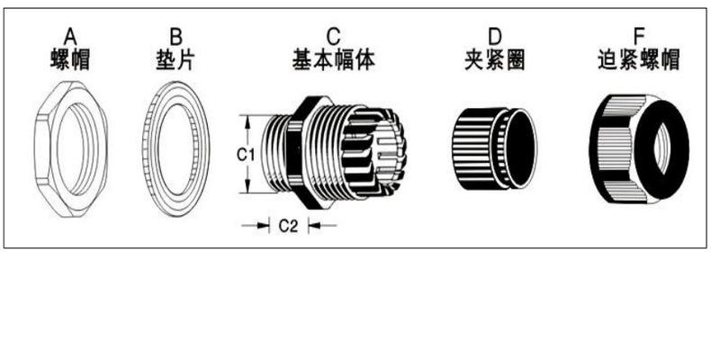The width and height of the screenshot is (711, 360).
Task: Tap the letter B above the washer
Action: [176, 36]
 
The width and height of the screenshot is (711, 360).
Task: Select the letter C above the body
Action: [334, 36]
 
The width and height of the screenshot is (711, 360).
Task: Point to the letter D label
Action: [494, 36]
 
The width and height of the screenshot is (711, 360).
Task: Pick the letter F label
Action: [639, 36]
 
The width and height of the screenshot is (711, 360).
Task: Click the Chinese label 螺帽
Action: [70, 60]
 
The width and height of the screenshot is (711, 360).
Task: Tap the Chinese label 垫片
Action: [176, 60]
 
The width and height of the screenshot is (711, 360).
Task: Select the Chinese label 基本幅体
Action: [334, 60]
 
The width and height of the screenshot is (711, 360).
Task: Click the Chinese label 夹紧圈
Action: [494, 60]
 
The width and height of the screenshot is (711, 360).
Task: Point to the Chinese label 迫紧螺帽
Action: [639, 60]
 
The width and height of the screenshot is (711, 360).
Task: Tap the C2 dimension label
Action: [288, 226]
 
